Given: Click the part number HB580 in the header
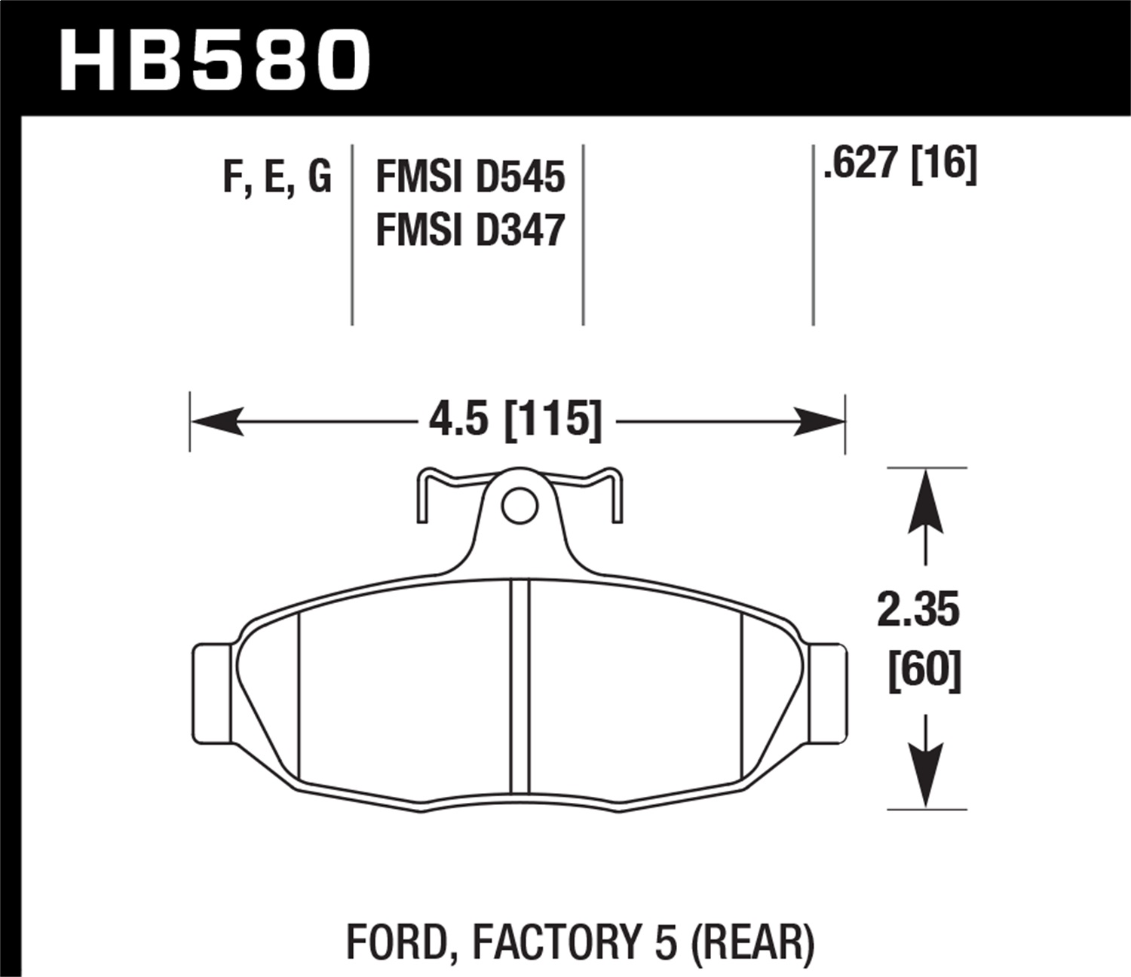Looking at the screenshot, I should point(215,61).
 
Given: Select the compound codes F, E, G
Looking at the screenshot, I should point(277,178).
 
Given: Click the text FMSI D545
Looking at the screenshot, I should point(470,178).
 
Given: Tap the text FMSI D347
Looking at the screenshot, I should point(470,230).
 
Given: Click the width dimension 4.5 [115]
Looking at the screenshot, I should point(515,419).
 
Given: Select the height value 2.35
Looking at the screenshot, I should point(918,610).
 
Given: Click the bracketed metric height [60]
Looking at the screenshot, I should point(924,669).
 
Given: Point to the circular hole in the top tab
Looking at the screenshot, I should point(519,506).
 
